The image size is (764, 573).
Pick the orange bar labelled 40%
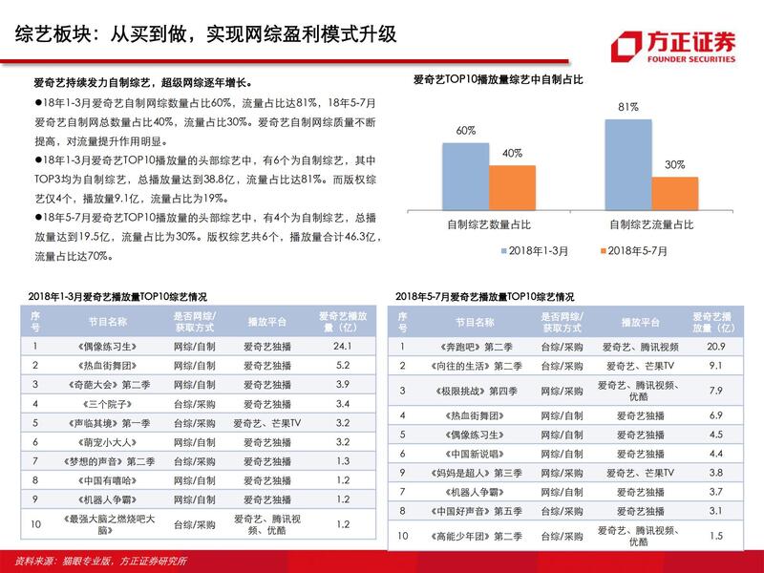click(x=512, y=186)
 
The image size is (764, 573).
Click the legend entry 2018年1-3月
click(x=536, y=249)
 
